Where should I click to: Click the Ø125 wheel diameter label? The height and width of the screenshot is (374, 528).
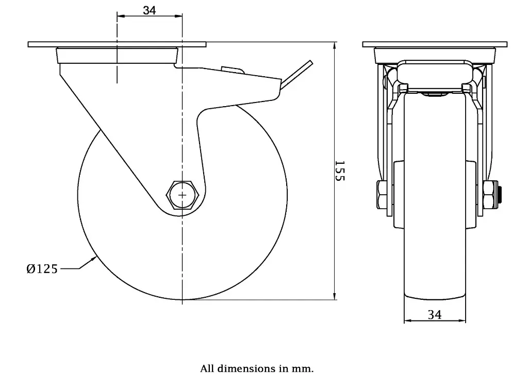click(x=42, y=268)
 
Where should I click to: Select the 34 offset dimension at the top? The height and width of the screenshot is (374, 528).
click(x=150, y=10)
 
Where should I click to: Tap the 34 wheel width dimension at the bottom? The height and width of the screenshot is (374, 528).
click(x=435, y=314)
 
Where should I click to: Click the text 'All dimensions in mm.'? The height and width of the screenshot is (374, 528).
click(x=256, y=368)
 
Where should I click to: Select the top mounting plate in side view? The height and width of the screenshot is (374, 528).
click(x=117, y=44)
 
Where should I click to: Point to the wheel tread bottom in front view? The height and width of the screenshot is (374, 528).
click(x=435, y=298)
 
